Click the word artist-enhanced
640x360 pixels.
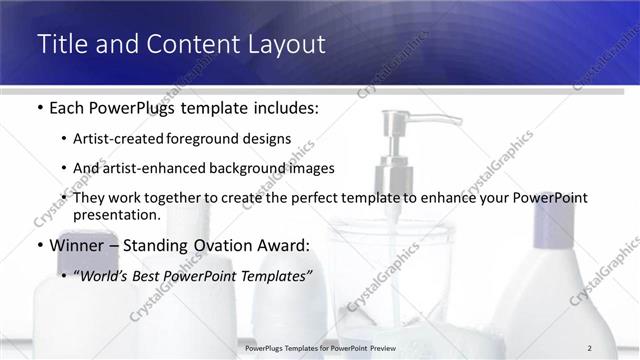coord(151,168)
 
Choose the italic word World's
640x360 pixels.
coord(107,274)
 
